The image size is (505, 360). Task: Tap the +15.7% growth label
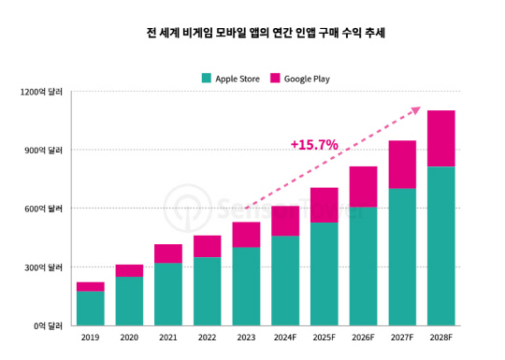pyautogui.click(x=314, y=145)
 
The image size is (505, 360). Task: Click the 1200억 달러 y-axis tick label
pyautogui.click(x=42, y=92)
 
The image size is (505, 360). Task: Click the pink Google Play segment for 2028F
pyautogui.click(x=441, y=138)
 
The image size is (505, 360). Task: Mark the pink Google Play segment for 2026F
pyautogui.click(x=363, y=186)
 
